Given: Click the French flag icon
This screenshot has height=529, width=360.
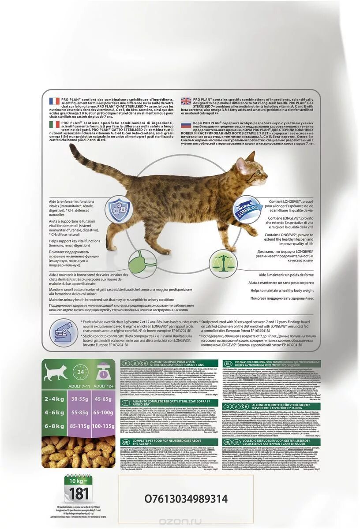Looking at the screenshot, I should pyautogui.click(x=54, y=101).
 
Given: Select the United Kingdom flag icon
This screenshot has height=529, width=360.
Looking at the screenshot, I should pyautogui.click(x=186, y=101).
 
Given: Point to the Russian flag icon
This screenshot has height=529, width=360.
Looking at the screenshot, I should pyautogui.click(x=186, y=124).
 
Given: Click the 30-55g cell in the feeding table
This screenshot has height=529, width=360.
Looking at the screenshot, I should pyautogui.click(x=80, y=399).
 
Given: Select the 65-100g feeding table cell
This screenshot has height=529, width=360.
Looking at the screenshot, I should pyautogui.click(x=104, y=413).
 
